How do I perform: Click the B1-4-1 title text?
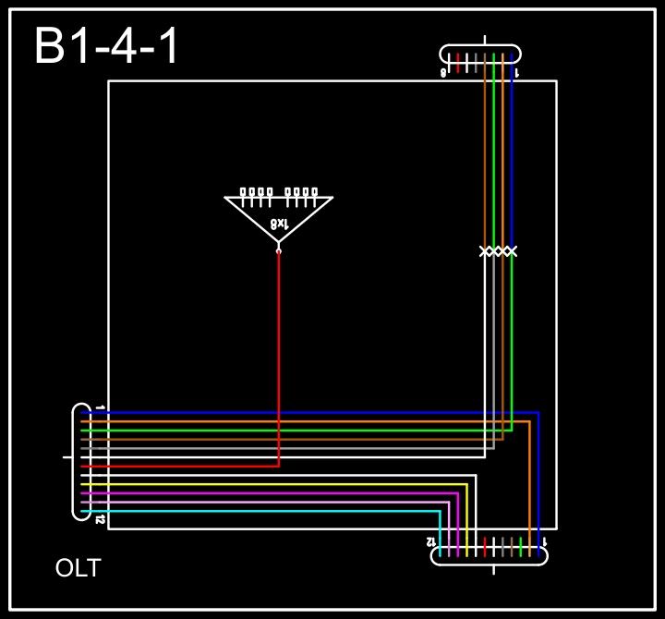pos(107,46)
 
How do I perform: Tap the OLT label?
pos(78,568)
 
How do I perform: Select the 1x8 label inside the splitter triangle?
pos(279,224)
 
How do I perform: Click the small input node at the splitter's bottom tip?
pos(279,249)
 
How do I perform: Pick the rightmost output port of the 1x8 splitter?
pos(315,192)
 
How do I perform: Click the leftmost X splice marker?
pos(485,251)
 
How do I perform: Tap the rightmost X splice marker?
pos(512,251)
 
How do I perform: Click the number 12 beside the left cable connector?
pos(100,520)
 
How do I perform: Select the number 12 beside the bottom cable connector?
pos(430,540)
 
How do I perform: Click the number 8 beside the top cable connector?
pos(443,72)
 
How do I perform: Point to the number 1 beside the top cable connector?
pos(516,72)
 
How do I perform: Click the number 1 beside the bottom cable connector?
pos(544,541)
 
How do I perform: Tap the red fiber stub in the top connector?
pos(458,61)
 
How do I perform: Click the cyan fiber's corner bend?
pos(440,511)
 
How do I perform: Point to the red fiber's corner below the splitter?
pos(279,467)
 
